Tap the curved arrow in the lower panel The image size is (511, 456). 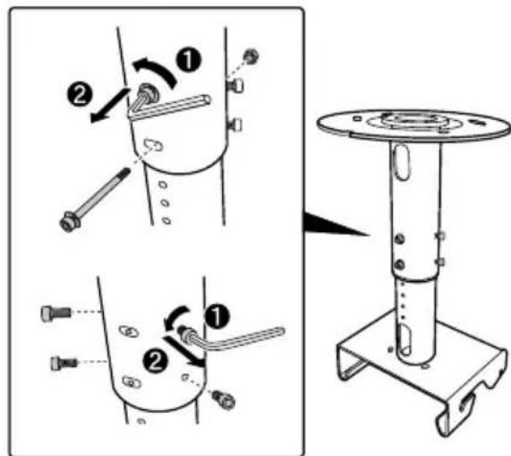[x=175, y=319]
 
